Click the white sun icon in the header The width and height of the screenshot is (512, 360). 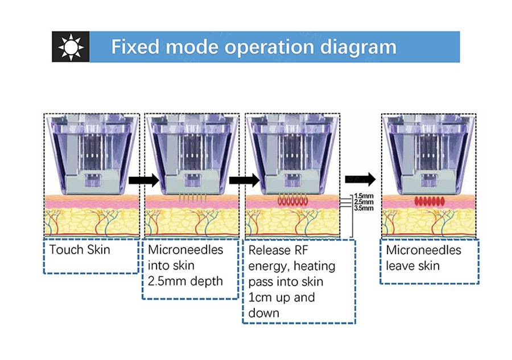(x=71, y=47)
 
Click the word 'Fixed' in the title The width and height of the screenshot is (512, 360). (x=135, y=47)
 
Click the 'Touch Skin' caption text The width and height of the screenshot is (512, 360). (x=80, y=250)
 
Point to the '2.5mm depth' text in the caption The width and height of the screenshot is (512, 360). (x=185, y=282)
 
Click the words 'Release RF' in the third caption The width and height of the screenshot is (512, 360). (x=278, y=250)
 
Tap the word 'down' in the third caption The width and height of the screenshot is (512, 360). (x=264, y=313)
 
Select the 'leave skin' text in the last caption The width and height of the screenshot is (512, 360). (x=413, y=266)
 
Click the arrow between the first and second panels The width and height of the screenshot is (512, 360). (x=143, y=180)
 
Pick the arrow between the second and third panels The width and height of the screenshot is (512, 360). (x=244, y=180)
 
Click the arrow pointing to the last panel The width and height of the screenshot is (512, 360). (x=361, y=179)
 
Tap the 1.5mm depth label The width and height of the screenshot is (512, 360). (x=364, y=196)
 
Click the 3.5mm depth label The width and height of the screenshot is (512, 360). (x=364, y=208)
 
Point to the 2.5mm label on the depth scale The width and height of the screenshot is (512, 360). (x=364, y=202)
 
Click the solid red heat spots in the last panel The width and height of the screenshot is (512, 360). (x=430, y=201)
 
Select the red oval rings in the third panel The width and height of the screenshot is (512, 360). (x=292, y=200)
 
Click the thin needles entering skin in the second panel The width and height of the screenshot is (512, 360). (x=192, y=198)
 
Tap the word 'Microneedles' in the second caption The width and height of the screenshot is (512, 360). (x=185, y=250)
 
